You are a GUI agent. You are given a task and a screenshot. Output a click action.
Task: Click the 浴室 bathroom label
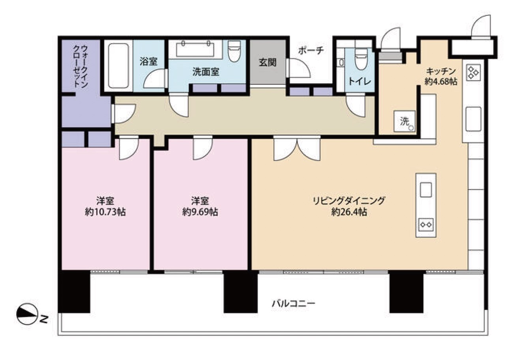[x=148, y=62]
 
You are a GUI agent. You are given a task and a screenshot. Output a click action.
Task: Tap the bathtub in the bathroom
[x=118, y=66]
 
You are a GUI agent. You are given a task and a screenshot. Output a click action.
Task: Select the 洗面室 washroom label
[x=206, y=72]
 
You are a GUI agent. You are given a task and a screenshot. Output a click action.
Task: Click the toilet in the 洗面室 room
[x=234, y=51]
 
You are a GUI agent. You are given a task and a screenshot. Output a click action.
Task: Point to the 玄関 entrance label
[x=268, y=62]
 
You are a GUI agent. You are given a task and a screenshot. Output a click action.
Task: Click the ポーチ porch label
[x=311, y=50]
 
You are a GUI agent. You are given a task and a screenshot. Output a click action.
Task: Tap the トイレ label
[x=359, y=81]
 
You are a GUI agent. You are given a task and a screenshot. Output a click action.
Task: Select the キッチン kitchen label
[x=441, y=71]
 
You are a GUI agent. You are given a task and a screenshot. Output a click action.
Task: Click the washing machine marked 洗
[x=404, y=121]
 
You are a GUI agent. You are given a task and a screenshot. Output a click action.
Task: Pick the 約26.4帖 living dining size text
[x=349, y=212]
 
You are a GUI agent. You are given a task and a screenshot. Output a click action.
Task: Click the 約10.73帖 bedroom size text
[x=105, y=212]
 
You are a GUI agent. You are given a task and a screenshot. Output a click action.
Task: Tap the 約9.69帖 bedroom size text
[x=200, y=212]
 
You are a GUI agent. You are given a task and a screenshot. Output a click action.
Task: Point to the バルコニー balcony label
[x=294, y=304]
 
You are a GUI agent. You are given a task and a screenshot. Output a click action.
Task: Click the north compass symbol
[x=27, y=314]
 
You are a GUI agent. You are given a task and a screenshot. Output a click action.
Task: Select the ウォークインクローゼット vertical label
[x=81, y=66]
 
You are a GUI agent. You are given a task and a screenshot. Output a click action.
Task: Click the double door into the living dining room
[x=297, y=148]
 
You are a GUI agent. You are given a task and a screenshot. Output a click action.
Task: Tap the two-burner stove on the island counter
[x=426, y=225]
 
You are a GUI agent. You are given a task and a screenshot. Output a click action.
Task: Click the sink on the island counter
[x=426, y=189]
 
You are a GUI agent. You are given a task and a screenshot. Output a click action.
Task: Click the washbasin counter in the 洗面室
[x=195, y=49]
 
